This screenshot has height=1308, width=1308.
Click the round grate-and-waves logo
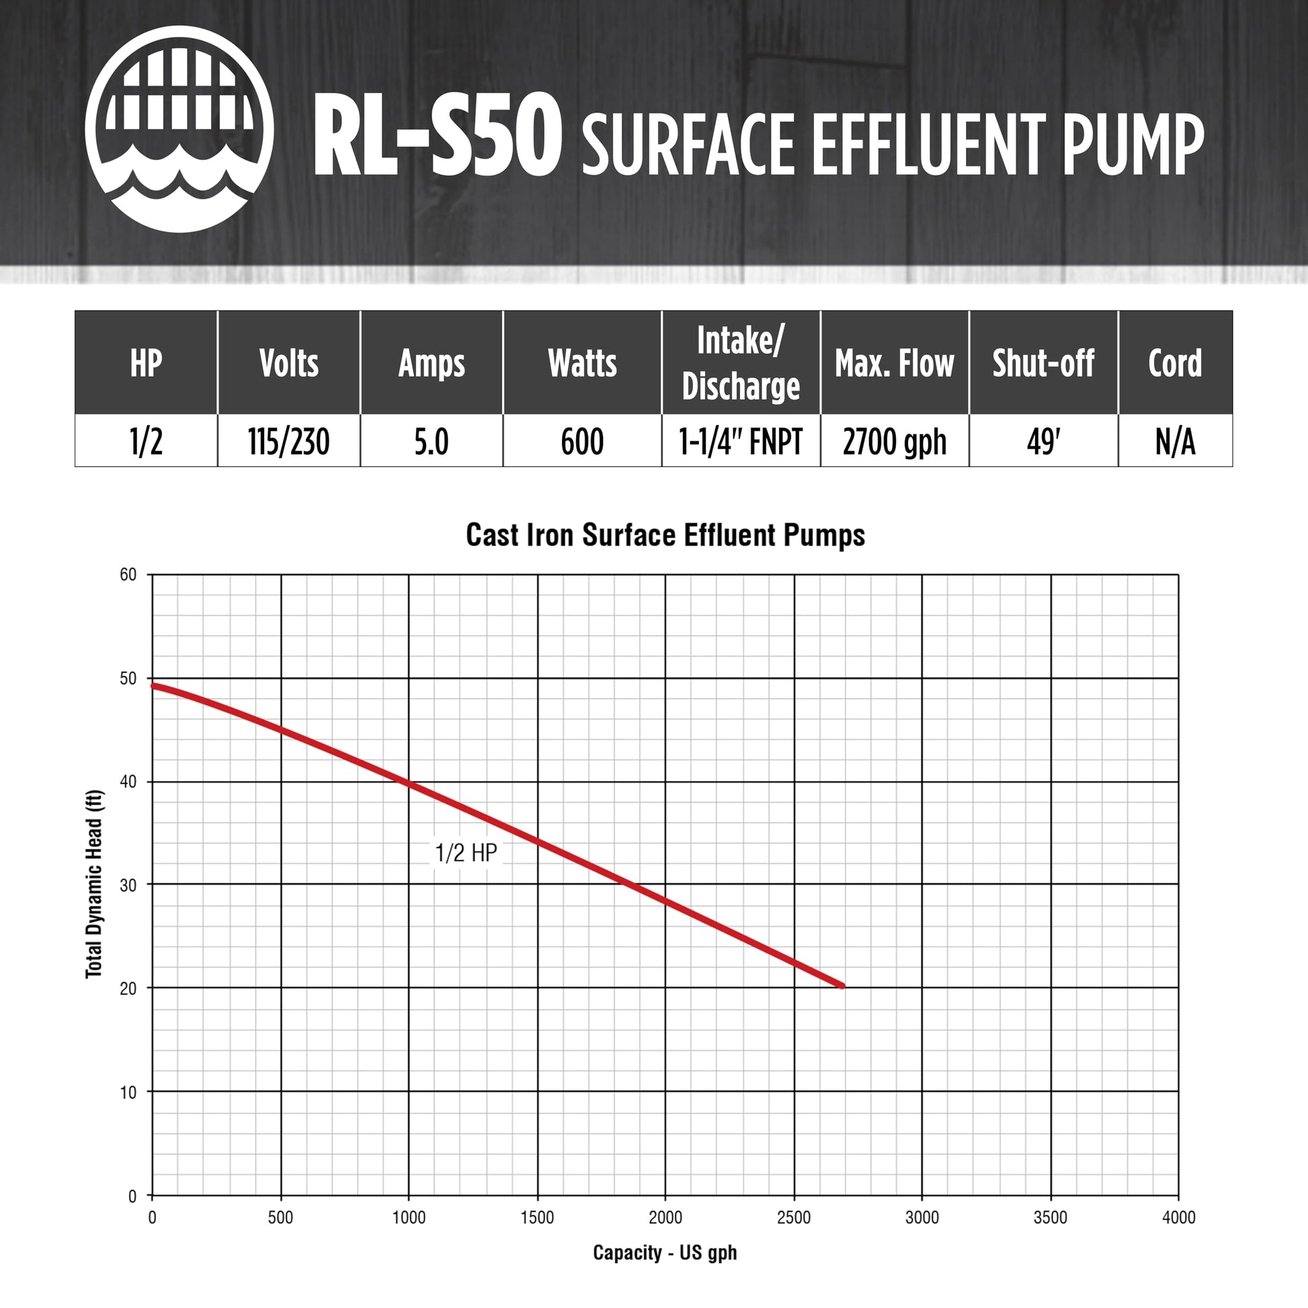pyautogui.click(x=179, y=129)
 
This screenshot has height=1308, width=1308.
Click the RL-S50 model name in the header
pyautogui.click(x=437, y=136)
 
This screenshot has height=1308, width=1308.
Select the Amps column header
pyautogui.click(x=432, y=364)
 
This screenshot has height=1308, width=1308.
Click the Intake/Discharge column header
pyautogui.click(x=741, y=363)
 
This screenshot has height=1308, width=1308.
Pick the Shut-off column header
pyautogui.click(x=1043, y=364)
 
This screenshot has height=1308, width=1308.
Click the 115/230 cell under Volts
pyautogui.click(x=288, y=442)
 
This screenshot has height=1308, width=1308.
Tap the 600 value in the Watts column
pyautogui.click(x=581, y=442)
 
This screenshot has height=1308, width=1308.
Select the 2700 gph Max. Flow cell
pyautogui.click(x=894, y=442)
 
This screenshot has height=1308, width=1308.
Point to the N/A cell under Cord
pyautogui.click(x=1175, y=442)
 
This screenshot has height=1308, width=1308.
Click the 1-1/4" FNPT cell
pyautogui.click(x=741, y=442)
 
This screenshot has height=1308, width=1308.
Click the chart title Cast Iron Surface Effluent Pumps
pyautogui.click(x=665, y=535)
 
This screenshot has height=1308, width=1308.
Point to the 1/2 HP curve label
pyautogui.click(x=466, y=852)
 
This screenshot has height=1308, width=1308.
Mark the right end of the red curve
pyautogui.click(x=842, y=986)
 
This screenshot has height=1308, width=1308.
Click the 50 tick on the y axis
pyautogui.click(x=128, y=678)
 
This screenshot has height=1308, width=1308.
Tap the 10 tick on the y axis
pyautogui.click(x=128, y=1092)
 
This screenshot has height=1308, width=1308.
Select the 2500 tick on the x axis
pyautogui.click(x=793, y=1217)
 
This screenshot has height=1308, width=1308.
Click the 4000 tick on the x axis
pyautogui.click(x=1178, y=1217)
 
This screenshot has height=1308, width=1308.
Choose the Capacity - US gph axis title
pyautogui.click(x=665, y=1252)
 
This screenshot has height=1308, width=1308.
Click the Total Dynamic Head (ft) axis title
pyautogui.click(x=94, y=884)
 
